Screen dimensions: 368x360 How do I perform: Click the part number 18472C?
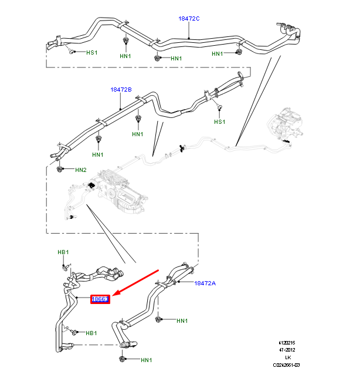189,19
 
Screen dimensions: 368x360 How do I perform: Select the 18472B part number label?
121,90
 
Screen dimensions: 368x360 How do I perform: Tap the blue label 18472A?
205,283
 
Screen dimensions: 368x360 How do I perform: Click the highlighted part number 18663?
100,299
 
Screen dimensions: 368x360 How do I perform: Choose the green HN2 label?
80,170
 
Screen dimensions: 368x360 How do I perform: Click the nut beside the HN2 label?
60,169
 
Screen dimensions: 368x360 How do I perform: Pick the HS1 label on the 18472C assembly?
92,53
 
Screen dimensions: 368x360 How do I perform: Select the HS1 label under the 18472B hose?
219,122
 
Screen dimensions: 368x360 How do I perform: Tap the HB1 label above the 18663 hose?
63,252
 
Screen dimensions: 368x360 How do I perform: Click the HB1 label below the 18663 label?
91,333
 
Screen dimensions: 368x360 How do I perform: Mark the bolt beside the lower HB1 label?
70,332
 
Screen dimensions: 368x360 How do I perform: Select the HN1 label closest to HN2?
97,155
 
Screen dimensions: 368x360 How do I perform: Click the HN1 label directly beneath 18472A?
182,321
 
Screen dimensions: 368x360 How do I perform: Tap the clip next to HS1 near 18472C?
73,52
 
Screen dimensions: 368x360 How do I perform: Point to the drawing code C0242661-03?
286,364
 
